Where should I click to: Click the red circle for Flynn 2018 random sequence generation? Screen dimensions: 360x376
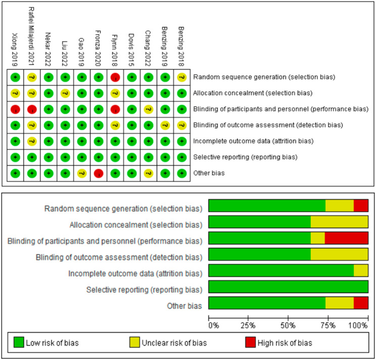[115, 77]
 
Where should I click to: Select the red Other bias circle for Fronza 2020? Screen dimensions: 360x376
[98, 173]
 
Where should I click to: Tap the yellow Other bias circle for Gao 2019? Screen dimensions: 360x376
[81, 173]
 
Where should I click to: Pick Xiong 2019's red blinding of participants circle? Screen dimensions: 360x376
[15, 109]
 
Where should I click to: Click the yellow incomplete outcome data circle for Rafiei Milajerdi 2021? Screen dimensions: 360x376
[32, 141]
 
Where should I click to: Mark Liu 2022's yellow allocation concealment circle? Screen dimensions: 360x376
[65, 93]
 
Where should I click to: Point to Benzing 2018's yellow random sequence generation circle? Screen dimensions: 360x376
[181, 77]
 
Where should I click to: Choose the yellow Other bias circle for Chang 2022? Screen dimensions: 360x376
[148, 173]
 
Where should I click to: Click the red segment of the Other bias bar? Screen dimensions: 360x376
[361, 303]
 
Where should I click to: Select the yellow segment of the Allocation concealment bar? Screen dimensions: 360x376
[339, 222]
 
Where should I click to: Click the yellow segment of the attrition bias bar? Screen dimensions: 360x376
[361, 270]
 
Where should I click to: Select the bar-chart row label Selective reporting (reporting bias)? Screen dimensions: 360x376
[145, 290]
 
